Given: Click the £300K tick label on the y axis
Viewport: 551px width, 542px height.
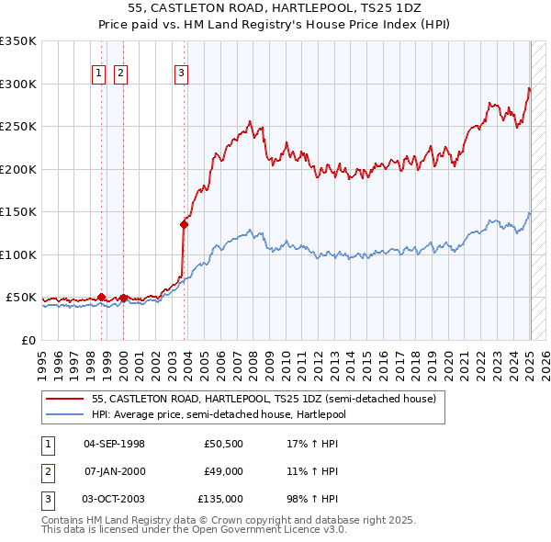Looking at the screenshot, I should [18, 84].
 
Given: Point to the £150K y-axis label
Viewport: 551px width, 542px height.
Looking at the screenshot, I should [18, 211].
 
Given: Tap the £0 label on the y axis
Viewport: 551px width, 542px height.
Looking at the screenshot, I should [28, 340].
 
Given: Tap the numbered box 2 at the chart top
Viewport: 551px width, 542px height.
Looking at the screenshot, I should [120, 74].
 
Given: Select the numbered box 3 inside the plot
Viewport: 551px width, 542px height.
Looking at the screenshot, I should [181, 74].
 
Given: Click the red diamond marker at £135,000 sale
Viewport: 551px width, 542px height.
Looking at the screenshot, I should [185, 223].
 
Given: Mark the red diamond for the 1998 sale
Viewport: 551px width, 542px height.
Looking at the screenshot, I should [101, 297].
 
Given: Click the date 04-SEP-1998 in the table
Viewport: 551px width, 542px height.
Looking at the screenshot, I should [114, 444].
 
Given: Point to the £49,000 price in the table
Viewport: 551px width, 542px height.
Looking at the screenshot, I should [223, 471].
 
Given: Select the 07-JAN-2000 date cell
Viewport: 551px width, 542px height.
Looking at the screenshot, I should [114, 471].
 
